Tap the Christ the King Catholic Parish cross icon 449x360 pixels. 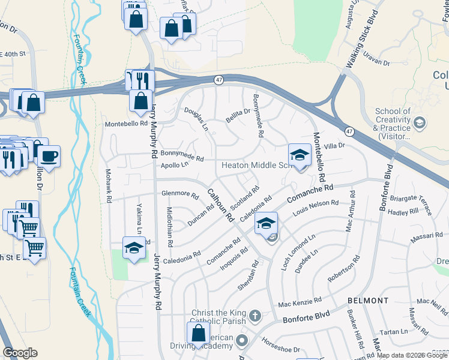pos(255,315)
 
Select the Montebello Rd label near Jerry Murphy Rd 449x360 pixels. pos(126,124)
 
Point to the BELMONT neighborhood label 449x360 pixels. pos(368,300)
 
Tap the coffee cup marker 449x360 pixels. pos(49,157)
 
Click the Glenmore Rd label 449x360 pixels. pos(179,194)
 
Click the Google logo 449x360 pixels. pos(20,353)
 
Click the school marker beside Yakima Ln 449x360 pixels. pos(134,248)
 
